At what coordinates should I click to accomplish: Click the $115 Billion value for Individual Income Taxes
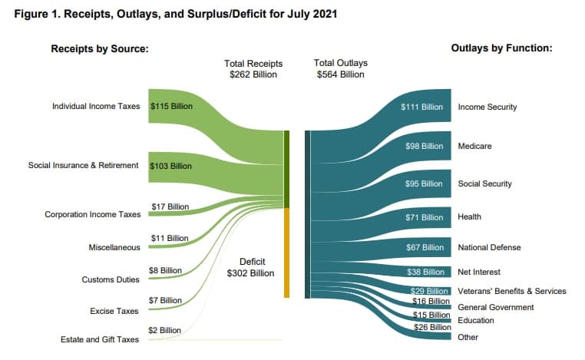pyautogui.click(x=171, y=106)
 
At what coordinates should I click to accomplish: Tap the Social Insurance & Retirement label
pyautogui.click(x=83, y=165)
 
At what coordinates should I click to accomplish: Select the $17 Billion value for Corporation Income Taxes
pyautogui.click(x=169, y=206)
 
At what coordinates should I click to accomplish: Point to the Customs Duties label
pyautogui.click(x=111, y=279)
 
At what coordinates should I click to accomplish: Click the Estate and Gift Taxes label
pyautogui.click(x=101, y=339)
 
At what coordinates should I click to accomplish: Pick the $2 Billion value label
pyautogui.click(x=164, y=330)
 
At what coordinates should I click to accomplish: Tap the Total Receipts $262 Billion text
pyautogui.click(x=253, y=68)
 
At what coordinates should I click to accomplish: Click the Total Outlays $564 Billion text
pyautogui.click(x=340, y=68)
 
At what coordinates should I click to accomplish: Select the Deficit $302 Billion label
pyautogui.click(x=253, y=267)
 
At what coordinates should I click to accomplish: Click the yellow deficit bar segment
pyautogui.click(x=286, y=253)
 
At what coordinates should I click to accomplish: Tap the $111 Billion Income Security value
pyautogui.click(x=421, y=107)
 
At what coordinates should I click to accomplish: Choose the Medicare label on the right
pyautogui.click(x=474, y=146)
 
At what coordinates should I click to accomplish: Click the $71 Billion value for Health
pyautogui.click(x=424, y=216)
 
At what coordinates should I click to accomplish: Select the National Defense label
pyautogui.click(x=489, y=247)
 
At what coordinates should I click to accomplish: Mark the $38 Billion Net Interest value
pyautogui.click(x=424, y=272)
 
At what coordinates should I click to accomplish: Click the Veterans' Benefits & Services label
pyautogui.click(x=511, y=291)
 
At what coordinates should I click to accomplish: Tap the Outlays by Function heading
pyautogui.click(x=501, y=48)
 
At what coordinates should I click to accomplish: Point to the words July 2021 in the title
pyautogui.click(x=303, y=14)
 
